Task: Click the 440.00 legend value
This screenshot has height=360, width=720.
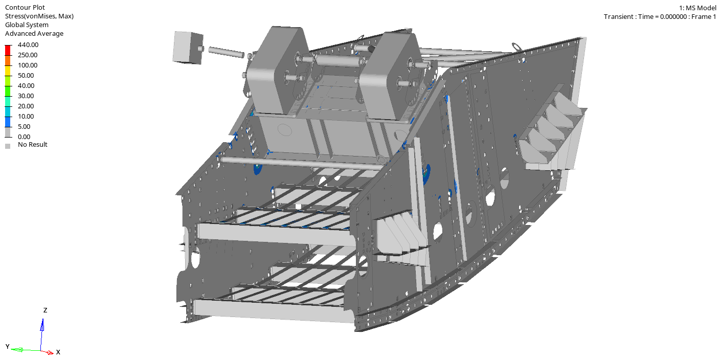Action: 28,44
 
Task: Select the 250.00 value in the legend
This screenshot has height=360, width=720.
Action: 28,55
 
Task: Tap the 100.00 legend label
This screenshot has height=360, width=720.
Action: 28,65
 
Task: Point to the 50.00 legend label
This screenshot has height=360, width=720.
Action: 26,76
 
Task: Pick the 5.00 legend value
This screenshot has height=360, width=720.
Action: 24,127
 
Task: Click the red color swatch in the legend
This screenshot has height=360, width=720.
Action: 8,51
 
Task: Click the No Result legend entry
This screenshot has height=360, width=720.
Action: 32,145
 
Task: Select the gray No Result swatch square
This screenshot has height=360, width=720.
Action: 8,146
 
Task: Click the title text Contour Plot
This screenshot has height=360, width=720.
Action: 25,7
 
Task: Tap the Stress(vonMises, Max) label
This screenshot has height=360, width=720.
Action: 39,16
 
